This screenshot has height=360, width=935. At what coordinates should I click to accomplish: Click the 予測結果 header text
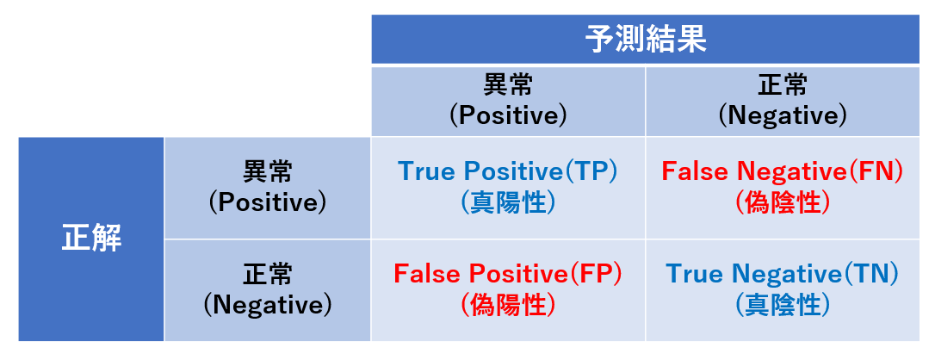click(645, 40)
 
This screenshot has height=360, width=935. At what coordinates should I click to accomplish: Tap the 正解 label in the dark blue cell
click(91, 239)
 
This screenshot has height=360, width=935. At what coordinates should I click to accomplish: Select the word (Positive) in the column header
click(507, 115)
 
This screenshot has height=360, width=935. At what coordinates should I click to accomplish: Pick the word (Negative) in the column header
click(783, 115)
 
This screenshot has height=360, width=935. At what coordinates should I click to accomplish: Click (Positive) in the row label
click(268, 203)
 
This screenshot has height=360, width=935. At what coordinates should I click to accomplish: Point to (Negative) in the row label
click(268, 306)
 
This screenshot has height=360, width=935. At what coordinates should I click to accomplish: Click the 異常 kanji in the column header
click(507, 86)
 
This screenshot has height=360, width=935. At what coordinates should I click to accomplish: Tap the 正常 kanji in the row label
click(268, 276)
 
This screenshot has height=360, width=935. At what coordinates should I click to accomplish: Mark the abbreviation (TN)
click(870, 274)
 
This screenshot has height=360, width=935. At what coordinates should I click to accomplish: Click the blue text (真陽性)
click(507, 203)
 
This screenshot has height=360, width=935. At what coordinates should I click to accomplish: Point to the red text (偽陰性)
click(783, 203)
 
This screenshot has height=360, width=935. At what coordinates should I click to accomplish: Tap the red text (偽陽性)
click(507, 306)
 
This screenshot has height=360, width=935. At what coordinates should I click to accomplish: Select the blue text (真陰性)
click(783, 306)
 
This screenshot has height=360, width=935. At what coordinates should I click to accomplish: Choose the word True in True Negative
click(696, 274)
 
